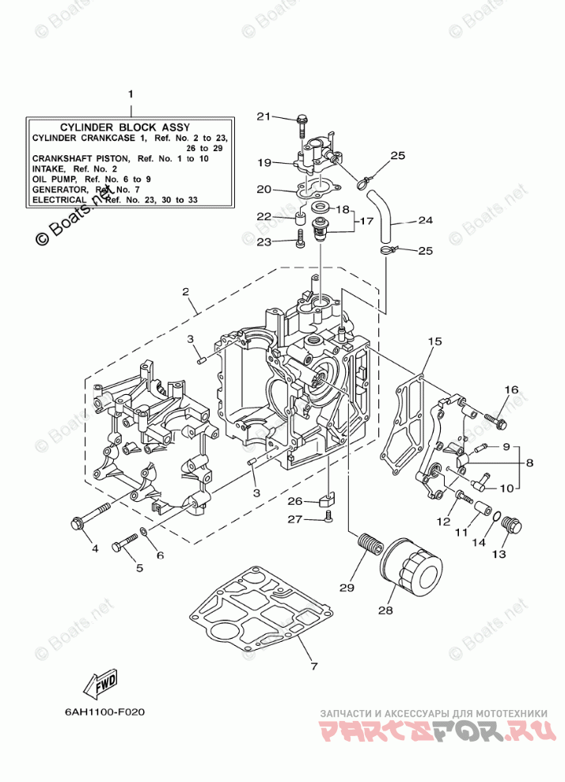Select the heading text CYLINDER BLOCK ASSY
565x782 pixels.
click(125, 127)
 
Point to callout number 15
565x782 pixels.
click(434, 341)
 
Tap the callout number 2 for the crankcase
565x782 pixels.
click(185, 291)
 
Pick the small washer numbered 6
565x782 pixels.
click(143, 534)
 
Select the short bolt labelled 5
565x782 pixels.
click(125, 542)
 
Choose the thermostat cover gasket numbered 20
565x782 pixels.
click(317, 190)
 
